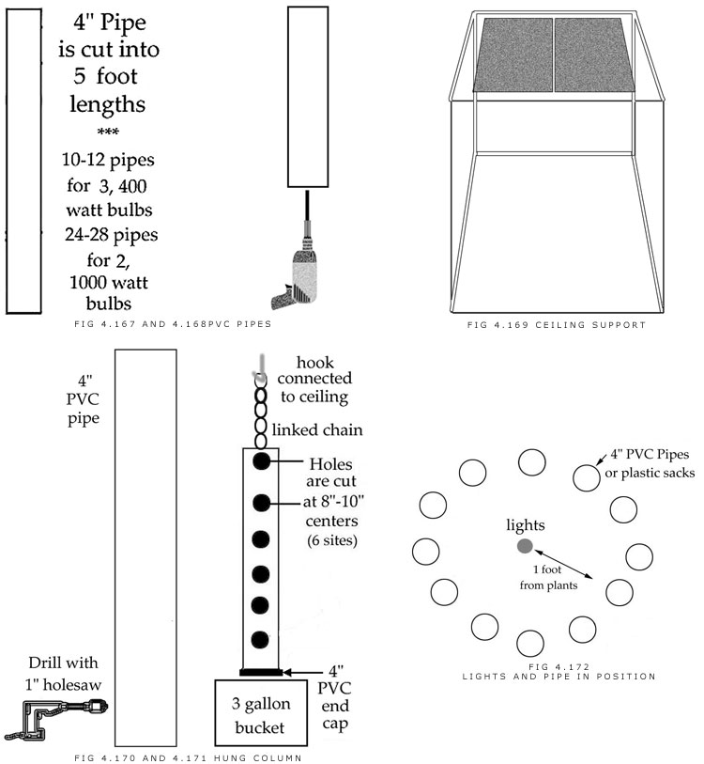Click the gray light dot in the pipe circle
(524, 546)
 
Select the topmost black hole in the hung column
(262, 460)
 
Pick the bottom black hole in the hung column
(262, 633)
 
